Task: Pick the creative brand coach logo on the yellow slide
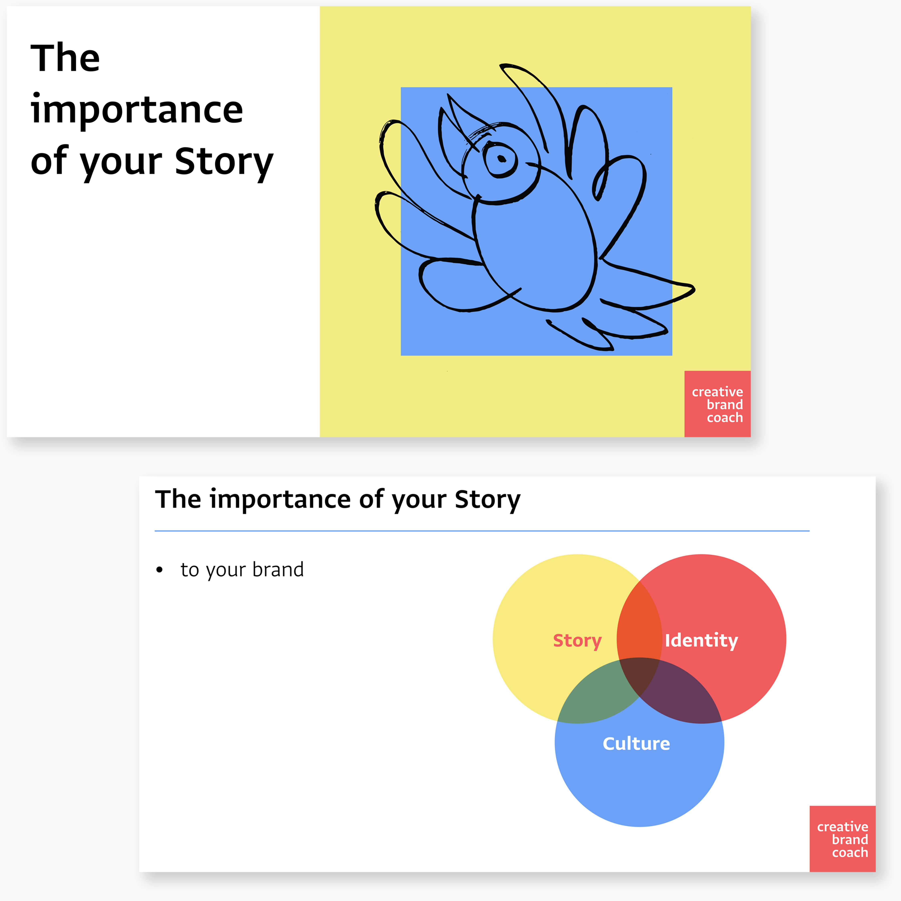tap(717, 404)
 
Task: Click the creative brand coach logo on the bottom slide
tap(842, 839)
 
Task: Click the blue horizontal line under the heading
tap(482, 531)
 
